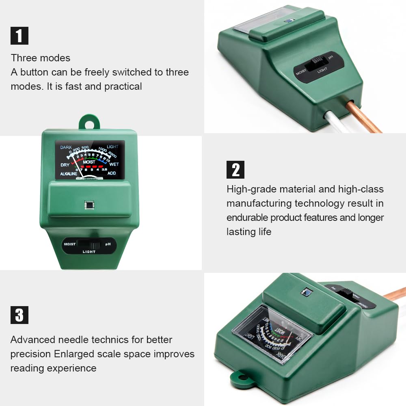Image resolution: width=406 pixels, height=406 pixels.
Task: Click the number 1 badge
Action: click(19, 35)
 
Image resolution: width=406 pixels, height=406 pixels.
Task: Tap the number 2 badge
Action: click(235, 169)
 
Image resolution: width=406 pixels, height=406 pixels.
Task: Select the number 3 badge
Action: click(19, 315)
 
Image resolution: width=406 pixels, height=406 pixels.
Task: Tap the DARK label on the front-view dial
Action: click(66, 147)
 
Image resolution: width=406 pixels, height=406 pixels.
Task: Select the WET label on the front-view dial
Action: click(114, 164)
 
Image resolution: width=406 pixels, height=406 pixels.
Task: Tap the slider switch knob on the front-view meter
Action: click(95, 245)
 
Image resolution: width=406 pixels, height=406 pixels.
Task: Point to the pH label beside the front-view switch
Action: click(108, 244)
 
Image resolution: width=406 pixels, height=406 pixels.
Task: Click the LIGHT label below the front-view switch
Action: click(89, 252)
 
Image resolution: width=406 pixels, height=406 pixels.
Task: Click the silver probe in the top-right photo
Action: click(337, 124)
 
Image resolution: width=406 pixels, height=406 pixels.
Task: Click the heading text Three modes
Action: click(41, 58)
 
